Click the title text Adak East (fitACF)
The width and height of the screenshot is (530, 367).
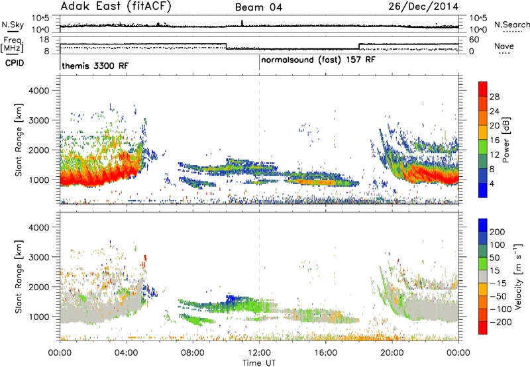pos(116,6)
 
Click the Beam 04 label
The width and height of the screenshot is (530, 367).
pos(258,7)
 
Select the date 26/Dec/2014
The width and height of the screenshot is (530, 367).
pos(423,7)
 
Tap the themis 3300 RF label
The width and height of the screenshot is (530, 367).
pos(95,66)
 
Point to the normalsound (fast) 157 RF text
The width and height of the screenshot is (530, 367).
pos(318,60)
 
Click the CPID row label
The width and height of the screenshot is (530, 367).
pos(15,63)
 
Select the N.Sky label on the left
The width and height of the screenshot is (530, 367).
pos(13,25)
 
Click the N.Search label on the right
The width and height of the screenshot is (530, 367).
pos(511,25)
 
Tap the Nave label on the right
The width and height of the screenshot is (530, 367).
pos(504,46)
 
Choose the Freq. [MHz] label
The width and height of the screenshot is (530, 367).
pos(13,44)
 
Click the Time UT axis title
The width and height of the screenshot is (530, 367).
pos(259,363)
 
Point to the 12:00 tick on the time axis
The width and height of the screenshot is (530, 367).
pos(259,353)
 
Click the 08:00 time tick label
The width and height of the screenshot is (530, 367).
pos(193,353)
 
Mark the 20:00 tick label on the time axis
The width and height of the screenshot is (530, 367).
pos(392,353)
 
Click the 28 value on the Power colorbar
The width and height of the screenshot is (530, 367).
pos(494,97)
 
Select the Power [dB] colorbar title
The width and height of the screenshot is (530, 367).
pos(505,140)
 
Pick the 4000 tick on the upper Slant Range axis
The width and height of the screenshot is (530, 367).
pos(39,91)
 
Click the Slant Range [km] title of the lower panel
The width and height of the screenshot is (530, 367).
pos(19,276)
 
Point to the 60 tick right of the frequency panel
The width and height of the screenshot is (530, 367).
pos(474,40)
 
